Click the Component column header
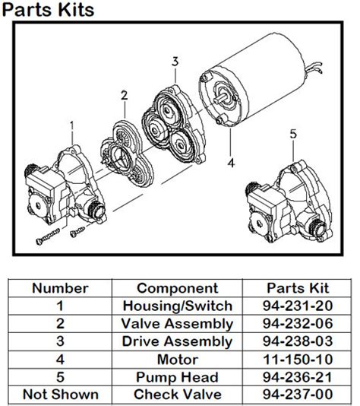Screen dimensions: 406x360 (x=177, y=288)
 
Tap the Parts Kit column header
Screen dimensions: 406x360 (x=298, y=288)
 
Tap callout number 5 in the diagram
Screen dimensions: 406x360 (x=293, y=134)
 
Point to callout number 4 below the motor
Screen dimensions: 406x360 (x=231, y=160)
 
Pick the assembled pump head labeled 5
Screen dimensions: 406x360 (x=289, y=201)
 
